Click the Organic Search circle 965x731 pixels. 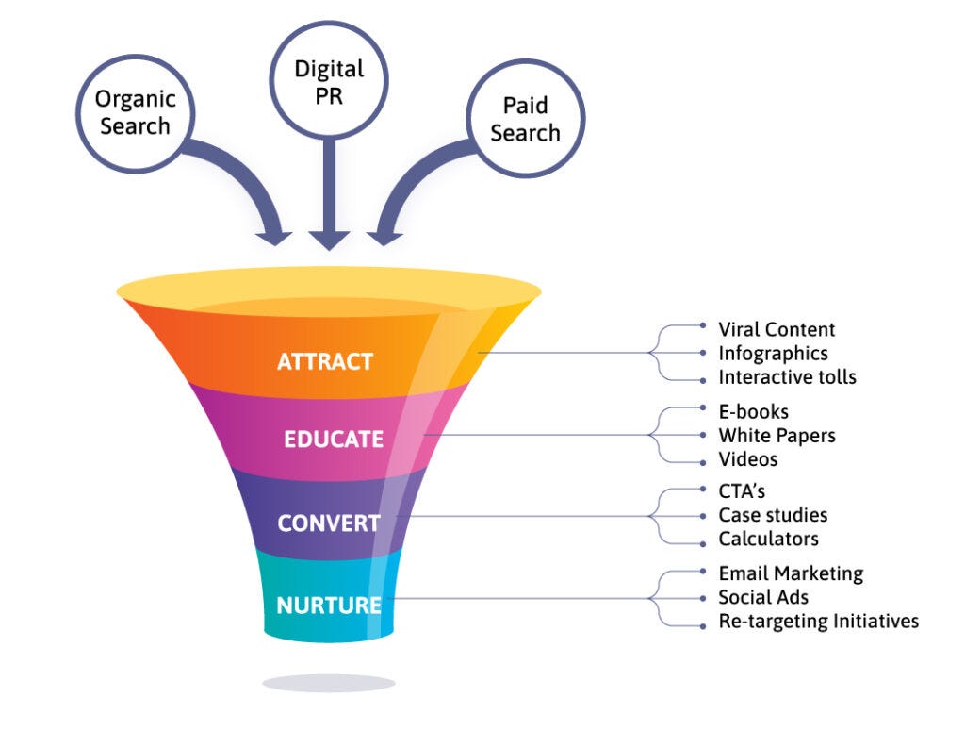click(135, 112)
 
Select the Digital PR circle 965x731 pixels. click(329, 82)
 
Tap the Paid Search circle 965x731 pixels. click(525, 118)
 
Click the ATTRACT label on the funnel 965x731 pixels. click(325, 361)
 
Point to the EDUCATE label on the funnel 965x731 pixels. click(334, 440)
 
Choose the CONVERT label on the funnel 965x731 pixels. click(329, 523)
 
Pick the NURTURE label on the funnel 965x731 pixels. click(329, 606)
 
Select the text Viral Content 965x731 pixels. click(777, 329)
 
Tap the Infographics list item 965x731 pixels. click(773, 353)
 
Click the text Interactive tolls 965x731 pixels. click(787, 377)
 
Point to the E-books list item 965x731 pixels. click(753, 411)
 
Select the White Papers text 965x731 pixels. click(777, 436)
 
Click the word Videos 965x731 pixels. click(747, 459)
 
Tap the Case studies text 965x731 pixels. click(773, 515)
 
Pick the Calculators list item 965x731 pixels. click(768, 540)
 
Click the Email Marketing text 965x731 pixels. click(791, 573)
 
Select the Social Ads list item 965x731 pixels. click(763, 597)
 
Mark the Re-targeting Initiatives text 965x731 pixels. click(818, 622)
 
